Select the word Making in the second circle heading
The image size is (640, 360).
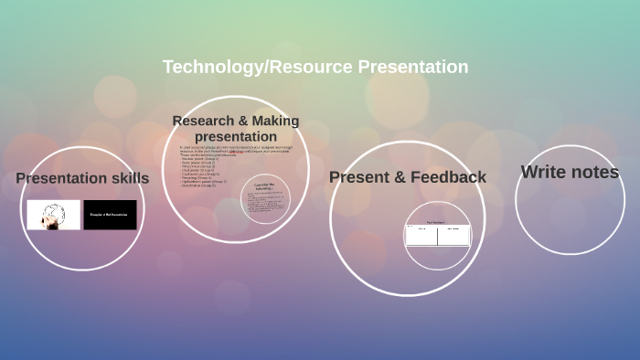276,121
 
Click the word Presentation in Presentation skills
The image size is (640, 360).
59,178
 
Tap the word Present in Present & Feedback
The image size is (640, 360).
359,177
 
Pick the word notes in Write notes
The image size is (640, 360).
595,172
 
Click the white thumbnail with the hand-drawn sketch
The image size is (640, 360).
54,215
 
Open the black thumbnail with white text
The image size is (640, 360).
110,215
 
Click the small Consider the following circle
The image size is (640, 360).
265,198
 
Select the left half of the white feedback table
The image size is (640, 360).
421,235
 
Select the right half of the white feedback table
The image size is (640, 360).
453,235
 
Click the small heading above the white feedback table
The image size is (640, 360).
437,222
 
